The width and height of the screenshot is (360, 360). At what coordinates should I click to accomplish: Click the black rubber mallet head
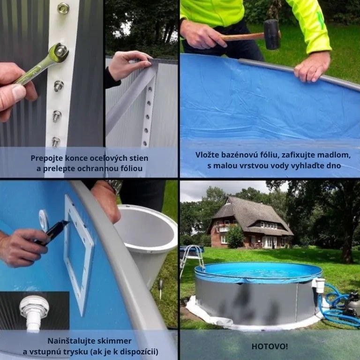coord(271,34)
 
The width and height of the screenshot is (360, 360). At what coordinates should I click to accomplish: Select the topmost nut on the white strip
coord(63,8)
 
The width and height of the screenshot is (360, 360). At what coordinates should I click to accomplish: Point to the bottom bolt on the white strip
coord(56,142)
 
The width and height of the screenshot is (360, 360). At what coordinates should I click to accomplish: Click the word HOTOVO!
coord(270,346)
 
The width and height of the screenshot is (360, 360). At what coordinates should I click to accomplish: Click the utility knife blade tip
coord(69,222)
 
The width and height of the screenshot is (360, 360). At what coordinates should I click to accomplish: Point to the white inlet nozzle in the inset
coord(34,313)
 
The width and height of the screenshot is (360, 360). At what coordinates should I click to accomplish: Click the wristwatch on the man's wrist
coord(115,186)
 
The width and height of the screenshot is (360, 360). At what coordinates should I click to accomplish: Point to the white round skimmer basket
coord(147,241)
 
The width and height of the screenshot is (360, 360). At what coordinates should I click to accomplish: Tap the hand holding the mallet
coord(202,34)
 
